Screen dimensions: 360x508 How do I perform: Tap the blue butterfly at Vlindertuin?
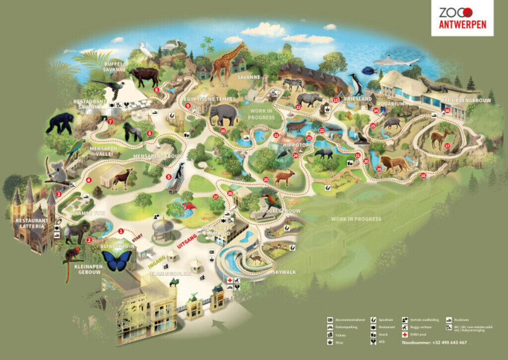coord(117,260)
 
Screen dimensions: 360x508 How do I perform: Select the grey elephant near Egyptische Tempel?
coord(223,115)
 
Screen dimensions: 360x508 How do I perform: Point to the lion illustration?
coord(394,164)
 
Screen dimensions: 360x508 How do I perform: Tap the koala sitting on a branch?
coord(58,172)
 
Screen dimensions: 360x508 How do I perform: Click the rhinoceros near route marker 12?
coord(309,99)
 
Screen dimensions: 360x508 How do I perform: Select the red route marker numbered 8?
coord(156,90)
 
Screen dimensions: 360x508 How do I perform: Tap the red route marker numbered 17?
coord(447,146)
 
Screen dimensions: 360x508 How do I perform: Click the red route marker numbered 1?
coord(120,231)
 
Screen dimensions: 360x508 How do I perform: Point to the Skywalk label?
coord(281,272)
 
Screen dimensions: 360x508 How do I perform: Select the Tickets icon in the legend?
coord(330,335)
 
